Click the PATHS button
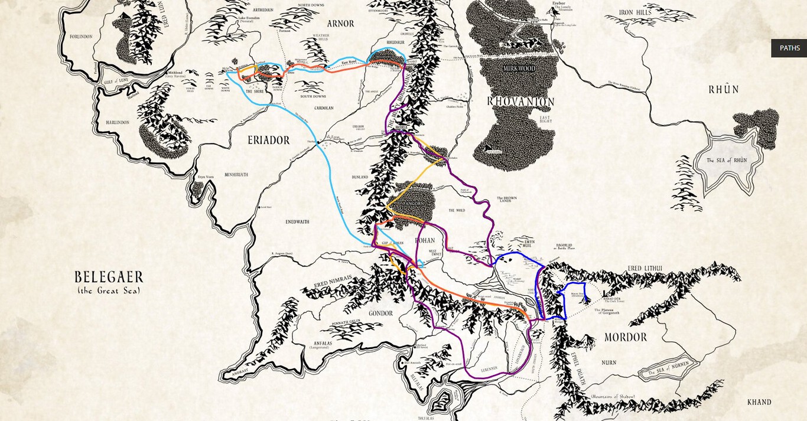click(789, 48)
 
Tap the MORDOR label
click(625, 337)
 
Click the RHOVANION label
click(520, 102)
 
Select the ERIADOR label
click(268, 141)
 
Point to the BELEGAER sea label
click(109, 278)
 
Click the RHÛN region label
click(724, 90)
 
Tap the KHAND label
click(759, 402)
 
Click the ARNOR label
click(340, 24)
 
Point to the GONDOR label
click(380, 313)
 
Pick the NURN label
click(609, 363)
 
